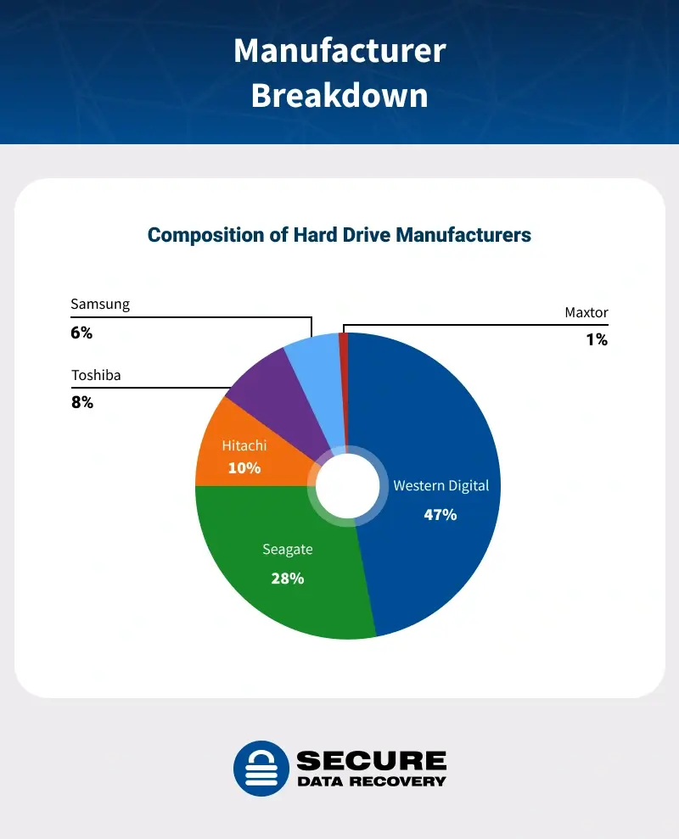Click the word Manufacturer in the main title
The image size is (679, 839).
[339, 51]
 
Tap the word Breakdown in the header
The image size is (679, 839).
[339, 95]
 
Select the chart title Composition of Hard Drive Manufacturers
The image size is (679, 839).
[339, 234]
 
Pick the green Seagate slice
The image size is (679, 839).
[272, 585]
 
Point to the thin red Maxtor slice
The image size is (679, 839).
[344, 356]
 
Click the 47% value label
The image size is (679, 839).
[441, 514]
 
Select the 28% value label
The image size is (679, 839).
[288, 579]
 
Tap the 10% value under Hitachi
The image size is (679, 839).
[244, 467]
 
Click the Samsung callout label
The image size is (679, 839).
[100, 305]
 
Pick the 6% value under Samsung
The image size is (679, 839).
[81, 333]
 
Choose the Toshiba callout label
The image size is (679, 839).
[96, 374]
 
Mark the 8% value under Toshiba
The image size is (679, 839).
[82, 402]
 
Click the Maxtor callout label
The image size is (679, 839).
[586, 312]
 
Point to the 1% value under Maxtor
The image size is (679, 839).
[597, 339]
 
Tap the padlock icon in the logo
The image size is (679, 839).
[261, 769]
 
